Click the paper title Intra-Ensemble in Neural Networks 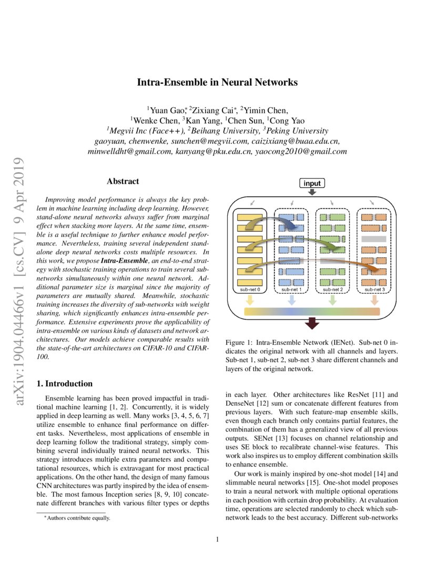pos(217,83)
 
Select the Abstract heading pos(123,182)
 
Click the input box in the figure pos(312,183)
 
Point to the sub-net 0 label pos(250,289)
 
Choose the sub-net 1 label pos(291,289)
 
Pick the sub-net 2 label pos(332,289)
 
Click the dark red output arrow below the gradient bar pos(312,323)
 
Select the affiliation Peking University pos(298,131)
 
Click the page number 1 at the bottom pos(217,540)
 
